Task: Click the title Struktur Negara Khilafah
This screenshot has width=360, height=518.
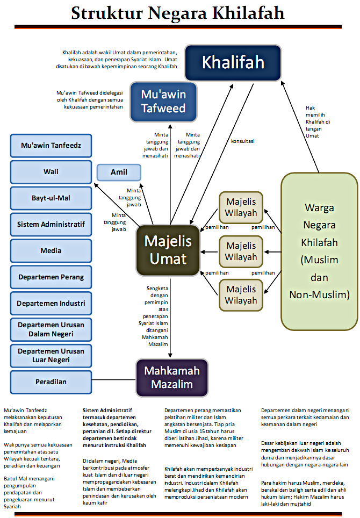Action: [x=179, y=13]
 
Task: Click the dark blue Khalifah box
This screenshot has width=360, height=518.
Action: [x=233, y=62]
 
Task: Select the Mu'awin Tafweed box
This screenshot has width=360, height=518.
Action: [x=163, y=102]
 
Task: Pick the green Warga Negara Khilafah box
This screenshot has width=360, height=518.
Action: [x=319, y=250]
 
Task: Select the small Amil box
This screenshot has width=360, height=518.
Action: [x=119, y=172]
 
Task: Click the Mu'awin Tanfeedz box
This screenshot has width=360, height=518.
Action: [x=47, y=146]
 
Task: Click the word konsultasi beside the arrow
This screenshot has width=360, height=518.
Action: [x=242, y=141]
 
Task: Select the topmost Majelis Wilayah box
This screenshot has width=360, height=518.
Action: [x=241, y=207]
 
